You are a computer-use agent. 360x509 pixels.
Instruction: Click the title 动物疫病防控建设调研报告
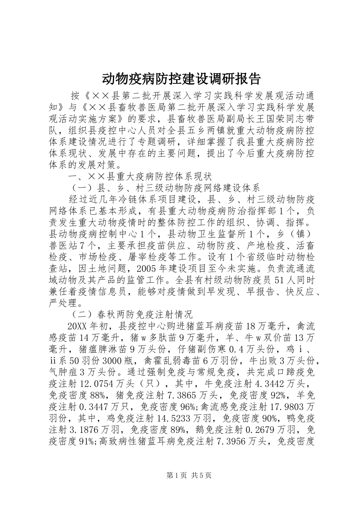coord(181,79)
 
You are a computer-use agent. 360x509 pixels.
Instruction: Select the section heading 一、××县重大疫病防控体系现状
coord(139,177)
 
